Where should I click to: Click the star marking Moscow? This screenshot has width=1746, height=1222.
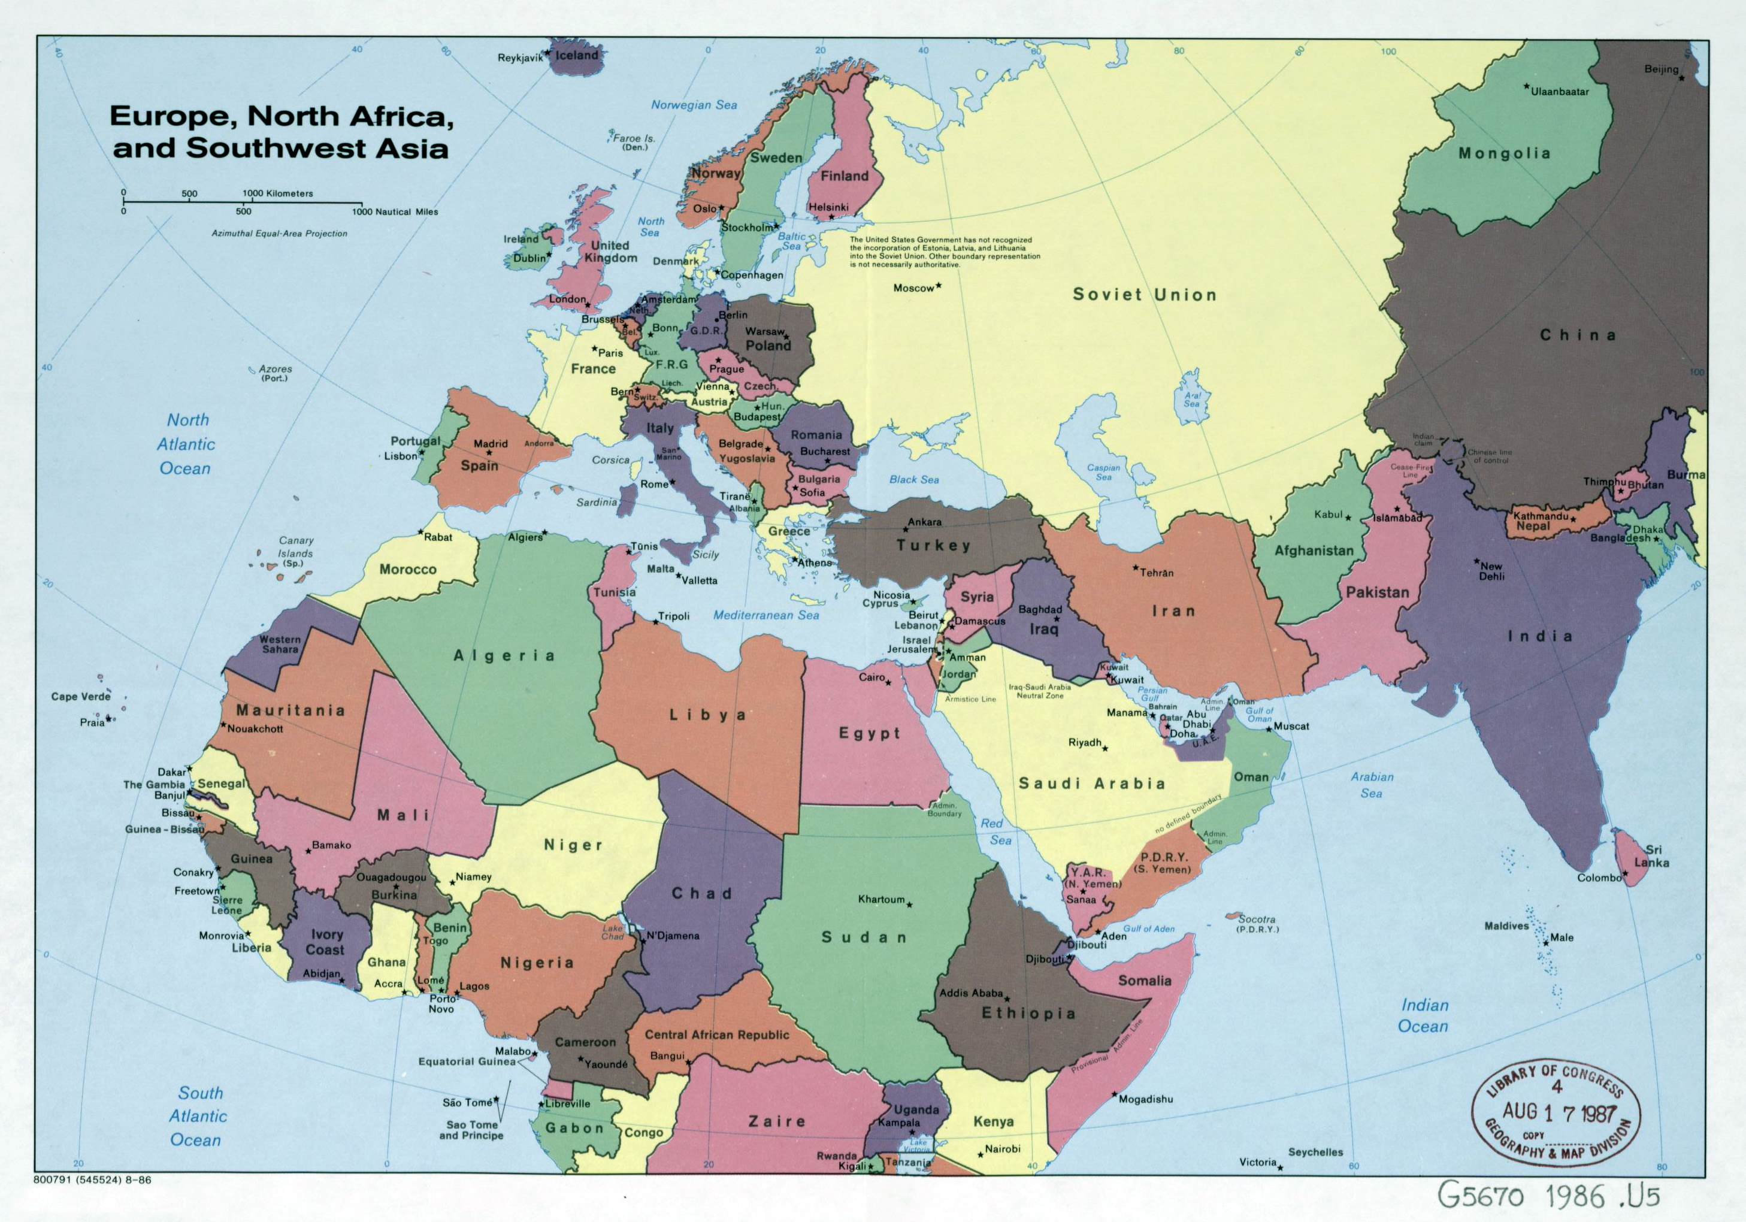939,285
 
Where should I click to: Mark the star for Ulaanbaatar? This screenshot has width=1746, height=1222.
1526,87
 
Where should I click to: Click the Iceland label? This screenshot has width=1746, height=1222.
576,56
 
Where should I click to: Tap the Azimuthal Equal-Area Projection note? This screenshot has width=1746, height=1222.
279,234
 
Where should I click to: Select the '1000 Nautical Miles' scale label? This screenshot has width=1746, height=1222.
395,212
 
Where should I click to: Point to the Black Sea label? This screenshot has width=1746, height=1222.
914,480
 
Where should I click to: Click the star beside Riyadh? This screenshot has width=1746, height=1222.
1105,748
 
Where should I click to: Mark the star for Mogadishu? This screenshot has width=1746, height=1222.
1114,1095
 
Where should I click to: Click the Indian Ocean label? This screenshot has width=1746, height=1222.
1424,1015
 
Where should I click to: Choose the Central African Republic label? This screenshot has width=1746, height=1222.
716,1035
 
